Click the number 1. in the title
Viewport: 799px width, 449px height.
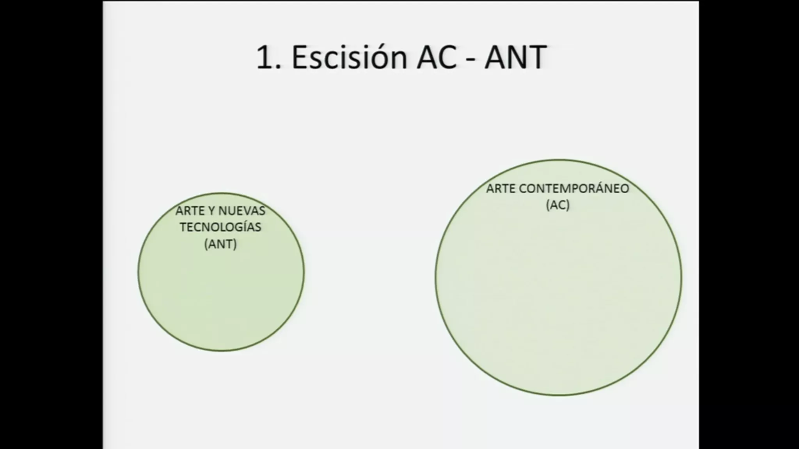click(x=269, y=57)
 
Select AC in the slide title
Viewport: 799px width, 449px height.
click(x=437, y=57)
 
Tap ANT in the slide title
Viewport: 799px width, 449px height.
click(x=515, y=57)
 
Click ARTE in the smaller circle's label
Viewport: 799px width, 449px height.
click(x=190, y=211)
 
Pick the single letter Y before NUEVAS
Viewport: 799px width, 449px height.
click(x=212, y=211)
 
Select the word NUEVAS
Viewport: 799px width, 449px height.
click(x=242, y=211)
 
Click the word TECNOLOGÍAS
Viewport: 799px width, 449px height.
click(x=220, y=227)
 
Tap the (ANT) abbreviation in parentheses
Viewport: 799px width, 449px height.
click(x=220, y=244)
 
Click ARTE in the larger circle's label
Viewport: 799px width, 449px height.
click(x=501, y=189)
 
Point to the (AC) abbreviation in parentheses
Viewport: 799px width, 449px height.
click(x=558, y=205)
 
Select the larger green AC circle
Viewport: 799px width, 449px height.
click(x=559, y=296)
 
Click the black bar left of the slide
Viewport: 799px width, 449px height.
click(x=51, y=224)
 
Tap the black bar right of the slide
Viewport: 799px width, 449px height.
click(x=749, y=224)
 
